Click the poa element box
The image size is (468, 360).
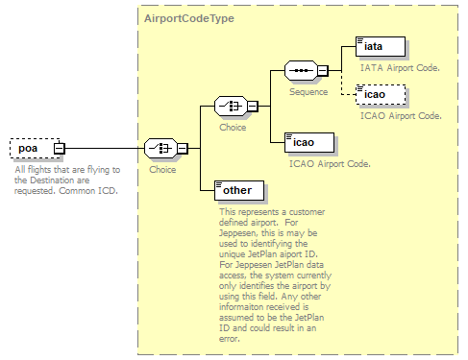35,148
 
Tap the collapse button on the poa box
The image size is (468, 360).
60,149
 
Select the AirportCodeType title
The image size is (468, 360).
189,18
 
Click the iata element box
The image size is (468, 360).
381,47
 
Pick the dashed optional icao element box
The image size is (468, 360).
381,95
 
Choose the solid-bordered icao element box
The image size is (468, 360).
309,142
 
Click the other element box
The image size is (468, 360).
239,190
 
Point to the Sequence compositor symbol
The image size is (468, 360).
302,70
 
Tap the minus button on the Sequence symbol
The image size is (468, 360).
323,71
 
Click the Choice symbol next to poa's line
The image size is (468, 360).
160,148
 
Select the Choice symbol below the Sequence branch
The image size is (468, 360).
231,106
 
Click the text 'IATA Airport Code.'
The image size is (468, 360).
400,68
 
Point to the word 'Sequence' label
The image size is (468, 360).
308,92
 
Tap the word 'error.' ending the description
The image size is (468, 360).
230,339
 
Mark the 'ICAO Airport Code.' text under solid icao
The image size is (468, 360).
330,164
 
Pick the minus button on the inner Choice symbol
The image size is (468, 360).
253,107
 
